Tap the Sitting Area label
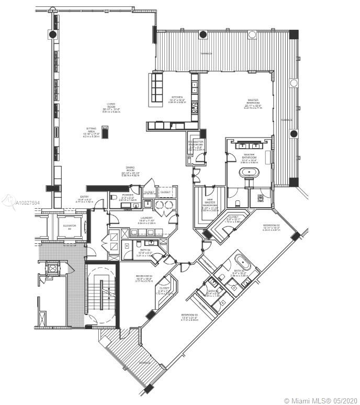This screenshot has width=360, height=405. click(x=91, y=131)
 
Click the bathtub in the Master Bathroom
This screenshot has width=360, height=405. click(x=249, y=172)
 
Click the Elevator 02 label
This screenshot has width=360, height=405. click(x=70, y=227)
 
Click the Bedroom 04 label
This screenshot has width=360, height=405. click(x=144, y=278)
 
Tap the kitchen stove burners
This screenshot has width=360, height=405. click(x=195, y=107)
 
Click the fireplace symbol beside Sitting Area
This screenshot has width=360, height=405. click(x=105, y=132)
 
